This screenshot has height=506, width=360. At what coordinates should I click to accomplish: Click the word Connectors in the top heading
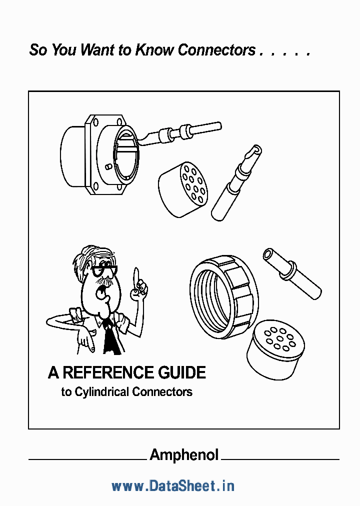216,50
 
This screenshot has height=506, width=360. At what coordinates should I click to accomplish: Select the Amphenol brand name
184,454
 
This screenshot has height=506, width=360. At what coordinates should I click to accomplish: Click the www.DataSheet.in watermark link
173,485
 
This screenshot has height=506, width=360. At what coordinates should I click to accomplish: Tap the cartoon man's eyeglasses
103,271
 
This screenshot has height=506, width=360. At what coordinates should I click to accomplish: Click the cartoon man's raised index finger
135,276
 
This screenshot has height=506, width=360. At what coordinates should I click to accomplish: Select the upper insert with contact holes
183,188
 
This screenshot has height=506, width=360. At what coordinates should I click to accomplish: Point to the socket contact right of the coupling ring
292,272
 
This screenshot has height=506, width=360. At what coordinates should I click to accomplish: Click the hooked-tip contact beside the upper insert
236,182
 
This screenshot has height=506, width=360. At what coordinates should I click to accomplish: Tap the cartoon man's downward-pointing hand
85,340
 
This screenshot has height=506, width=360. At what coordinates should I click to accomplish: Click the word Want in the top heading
98,50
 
